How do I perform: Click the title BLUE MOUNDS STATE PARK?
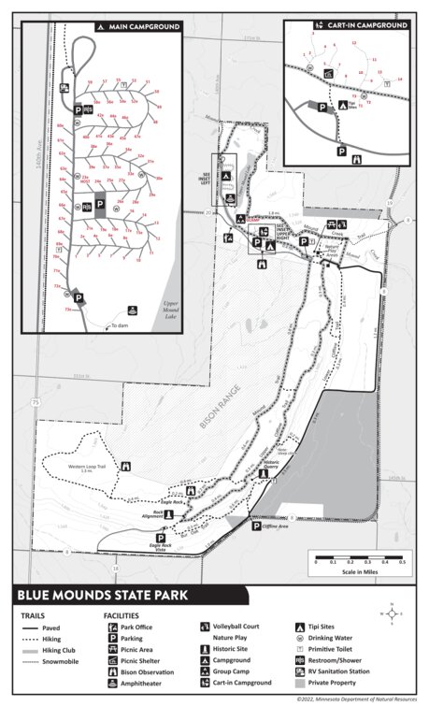coord(103,593)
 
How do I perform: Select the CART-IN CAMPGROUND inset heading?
coord(365,25)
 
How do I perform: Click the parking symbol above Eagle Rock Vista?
coord(160,539)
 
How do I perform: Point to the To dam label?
coord(119,325)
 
